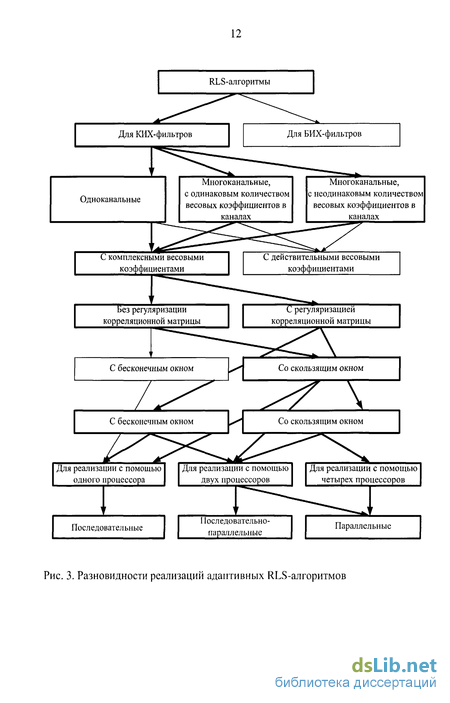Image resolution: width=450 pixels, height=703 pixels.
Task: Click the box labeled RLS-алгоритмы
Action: [236, 82]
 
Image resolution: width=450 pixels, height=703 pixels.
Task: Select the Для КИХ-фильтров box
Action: [152, 135]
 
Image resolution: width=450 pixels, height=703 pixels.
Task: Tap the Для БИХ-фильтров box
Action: [321, 135]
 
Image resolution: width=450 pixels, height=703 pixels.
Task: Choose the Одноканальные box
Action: [108, 200]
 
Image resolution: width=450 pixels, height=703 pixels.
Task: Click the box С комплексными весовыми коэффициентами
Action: [152, 263]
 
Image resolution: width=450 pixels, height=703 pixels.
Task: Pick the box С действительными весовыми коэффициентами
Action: [321, 263]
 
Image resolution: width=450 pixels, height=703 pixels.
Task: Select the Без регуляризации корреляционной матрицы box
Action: [152, 316]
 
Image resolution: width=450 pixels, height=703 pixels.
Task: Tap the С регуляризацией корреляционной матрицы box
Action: [321, 316]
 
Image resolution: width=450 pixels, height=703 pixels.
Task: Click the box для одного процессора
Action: [108, 474]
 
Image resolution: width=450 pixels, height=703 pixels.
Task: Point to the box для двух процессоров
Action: [235, 474]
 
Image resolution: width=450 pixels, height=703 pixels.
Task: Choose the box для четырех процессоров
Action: [363, 474]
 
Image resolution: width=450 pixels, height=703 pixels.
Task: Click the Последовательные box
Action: [108, 527]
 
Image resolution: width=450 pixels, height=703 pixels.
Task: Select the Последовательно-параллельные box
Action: [235, 527]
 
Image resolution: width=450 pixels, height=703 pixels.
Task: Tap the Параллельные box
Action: [363, 527]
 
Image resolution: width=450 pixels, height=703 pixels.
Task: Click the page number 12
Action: [236, 34]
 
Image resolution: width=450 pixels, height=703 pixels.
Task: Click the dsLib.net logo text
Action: [394, 665]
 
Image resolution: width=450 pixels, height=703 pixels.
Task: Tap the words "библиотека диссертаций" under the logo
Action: [355, 682]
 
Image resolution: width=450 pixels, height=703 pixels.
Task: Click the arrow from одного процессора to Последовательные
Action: [104, 501]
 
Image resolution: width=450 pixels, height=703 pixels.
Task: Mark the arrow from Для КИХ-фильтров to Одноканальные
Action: [151, 161]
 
